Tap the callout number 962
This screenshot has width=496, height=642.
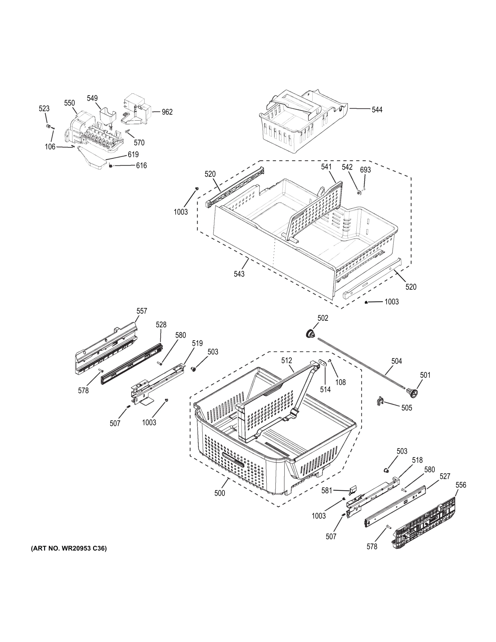(167, 112)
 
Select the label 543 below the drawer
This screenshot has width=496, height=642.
(239, 274)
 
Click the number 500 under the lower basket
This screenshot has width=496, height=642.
(220, 493)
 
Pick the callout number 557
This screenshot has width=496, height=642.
(142, 311)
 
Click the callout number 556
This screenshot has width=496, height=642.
(461, 485)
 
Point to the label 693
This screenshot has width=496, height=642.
(365, 170)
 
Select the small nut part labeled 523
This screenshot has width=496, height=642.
(48, 127)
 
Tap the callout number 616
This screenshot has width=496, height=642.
(141, 165)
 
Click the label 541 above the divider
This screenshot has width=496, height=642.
(326, 167)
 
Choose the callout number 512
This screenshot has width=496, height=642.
(287, 360)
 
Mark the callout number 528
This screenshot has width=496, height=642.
(161, 325)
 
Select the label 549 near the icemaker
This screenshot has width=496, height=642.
(92, 98)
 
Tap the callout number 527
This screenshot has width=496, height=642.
(445, 476)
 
